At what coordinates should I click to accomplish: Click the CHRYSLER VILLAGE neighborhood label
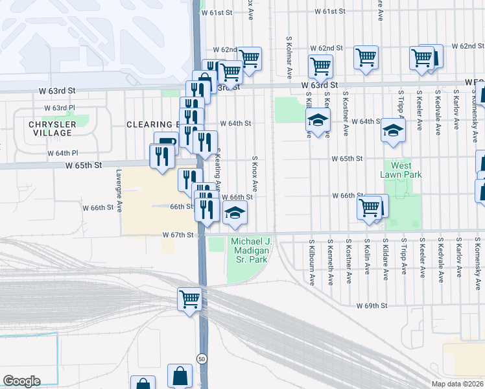[x=50, y=128]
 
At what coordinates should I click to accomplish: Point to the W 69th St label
[x=372, y=305]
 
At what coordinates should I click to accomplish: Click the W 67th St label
[x=178, y=234]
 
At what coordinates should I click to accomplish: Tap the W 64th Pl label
[x=62, y=153]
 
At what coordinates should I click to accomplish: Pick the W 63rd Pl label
[x=60, y=108]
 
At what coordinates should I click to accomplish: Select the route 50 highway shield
[x=203, y=359]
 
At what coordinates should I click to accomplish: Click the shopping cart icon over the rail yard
[x=190, y=300]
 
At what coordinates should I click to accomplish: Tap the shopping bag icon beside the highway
[x=180, y=375]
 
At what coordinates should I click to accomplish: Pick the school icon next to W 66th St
[x=235, y=212]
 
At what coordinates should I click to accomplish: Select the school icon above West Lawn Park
[x=392, y=130]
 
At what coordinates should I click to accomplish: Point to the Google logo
[x=21, y=381]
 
